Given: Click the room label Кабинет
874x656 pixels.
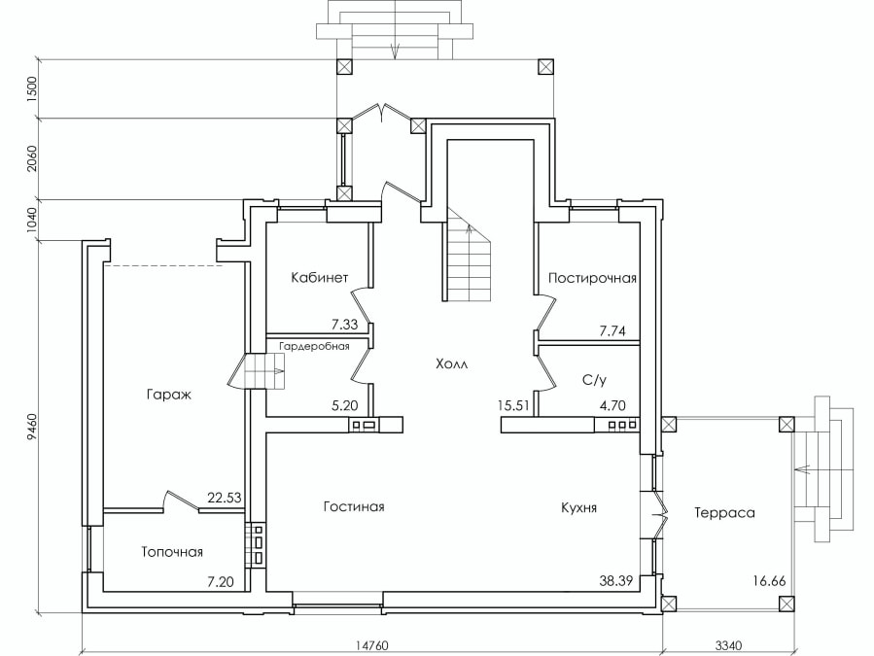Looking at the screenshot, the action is [x=320, y=277].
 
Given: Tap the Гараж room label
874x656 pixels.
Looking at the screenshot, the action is [x=169, y=395].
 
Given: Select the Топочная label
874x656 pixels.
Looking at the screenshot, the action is [x=172, y=552].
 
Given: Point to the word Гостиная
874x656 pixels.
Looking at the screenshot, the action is [x=354, y=506].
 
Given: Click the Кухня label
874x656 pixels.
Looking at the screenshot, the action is [x=579, y=507].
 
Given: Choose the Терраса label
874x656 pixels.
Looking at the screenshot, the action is [x=724, y=513].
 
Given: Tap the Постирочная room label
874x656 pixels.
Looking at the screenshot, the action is [x=592, y=278].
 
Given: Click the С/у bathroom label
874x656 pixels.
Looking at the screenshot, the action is [x=594, y=380].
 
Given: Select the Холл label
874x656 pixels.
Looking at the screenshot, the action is [x=452, y=364].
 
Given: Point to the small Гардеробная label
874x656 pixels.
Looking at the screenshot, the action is [x=314, y=346].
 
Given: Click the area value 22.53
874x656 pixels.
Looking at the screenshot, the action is [x=225, y=498].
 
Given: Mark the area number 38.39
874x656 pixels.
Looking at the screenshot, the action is [x=616, y=581].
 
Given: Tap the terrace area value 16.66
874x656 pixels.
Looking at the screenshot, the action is [x=769, y=581].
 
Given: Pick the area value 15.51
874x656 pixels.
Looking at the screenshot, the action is [x=513, y=405].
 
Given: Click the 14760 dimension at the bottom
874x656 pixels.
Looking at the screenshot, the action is [x=371, y=645].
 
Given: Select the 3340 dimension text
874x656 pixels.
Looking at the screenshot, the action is [x=728, y=645].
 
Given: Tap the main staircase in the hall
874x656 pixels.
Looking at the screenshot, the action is [x=467, y=255].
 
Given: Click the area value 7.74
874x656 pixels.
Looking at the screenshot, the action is [x=612, y=331].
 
